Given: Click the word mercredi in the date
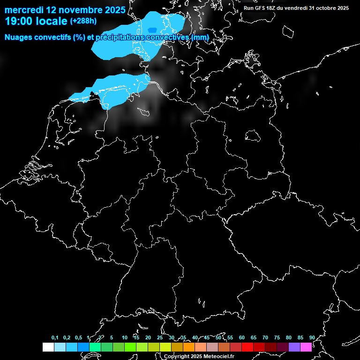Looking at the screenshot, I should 24,10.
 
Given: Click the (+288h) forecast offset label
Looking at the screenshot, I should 83,21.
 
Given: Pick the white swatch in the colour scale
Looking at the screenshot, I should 48,347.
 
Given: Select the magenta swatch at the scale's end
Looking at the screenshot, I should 306,347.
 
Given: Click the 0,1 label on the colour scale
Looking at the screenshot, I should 55,338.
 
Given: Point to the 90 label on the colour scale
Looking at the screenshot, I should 312,338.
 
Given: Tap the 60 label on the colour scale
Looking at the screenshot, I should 241,338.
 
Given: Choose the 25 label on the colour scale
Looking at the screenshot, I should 159,338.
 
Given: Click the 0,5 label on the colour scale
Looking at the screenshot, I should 78,338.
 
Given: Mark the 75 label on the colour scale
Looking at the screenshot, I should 277,338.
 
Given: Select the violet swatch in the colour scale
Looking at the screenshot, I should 294,347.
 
